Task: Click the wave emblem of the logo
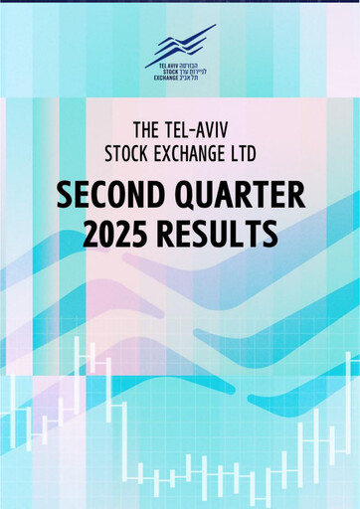click(x=185, y=46)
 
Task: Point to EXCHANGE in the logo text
click(x=163, y=78)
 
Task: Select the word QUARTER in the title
click(x=239, y=194)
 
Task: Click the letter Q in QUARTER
click(x=188, y=195)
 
